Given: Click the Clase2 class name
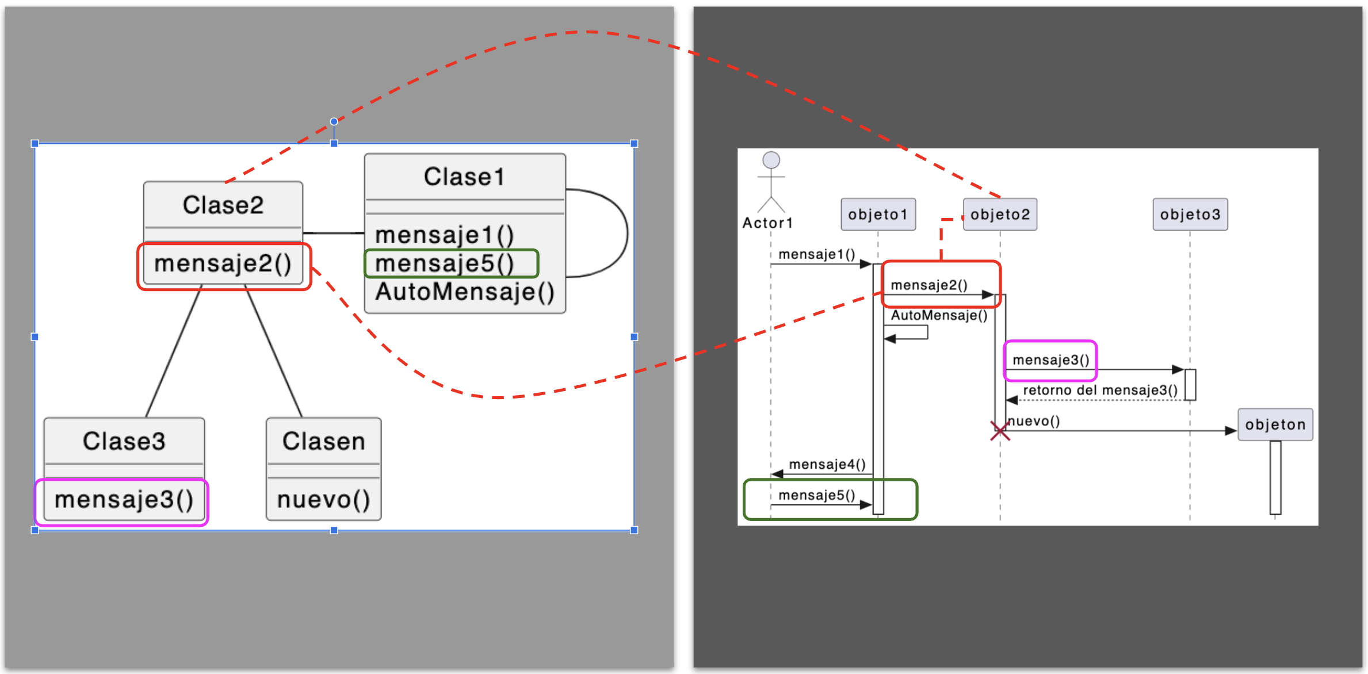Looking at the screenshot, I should click(223, 205).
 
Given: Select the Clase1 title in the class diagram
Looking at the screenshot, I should click(464, 177).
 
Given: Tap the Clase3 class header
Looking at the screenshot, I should click(124, 442).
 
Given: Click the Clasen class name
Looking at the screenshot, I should click(323, 442).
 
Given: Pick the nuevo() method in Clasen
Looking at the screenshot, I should click(323, 500).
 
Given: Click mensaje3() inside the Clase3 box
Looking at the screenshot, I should click(124, 500).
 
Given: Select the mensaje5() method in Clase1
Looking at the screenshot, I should click(445, 264).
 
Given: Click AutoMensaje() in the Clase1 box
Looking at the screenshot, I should click(465, 292).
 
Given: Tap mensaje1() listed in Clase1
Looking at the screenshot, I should click(445, 235).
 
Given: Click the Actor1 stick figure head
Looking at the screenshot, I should click(771, 160).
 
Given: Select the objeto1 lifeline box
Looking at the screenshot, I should click(878, 215).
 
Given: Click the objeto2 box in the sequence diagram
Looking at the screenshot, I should click(1000, 215).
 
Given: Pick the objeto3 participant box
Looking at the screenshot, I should click(1190, 215).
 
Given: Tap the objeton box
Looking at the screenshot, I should click(1275, 425).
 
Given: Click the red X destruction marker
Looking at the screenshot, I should click(1000, 431).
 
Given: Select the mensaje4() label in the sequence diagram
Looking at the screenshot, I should click(827, 465).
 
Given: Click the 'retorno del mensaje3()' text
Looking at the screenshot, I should click(1100, 390).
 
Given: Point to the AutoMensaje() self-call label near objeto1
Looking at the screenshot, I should click(939, 316).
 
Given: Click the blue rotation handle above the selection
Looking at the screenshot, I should click(334, 121).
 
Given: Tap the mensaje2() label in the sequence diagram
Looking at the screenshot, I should click(929, 285).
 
